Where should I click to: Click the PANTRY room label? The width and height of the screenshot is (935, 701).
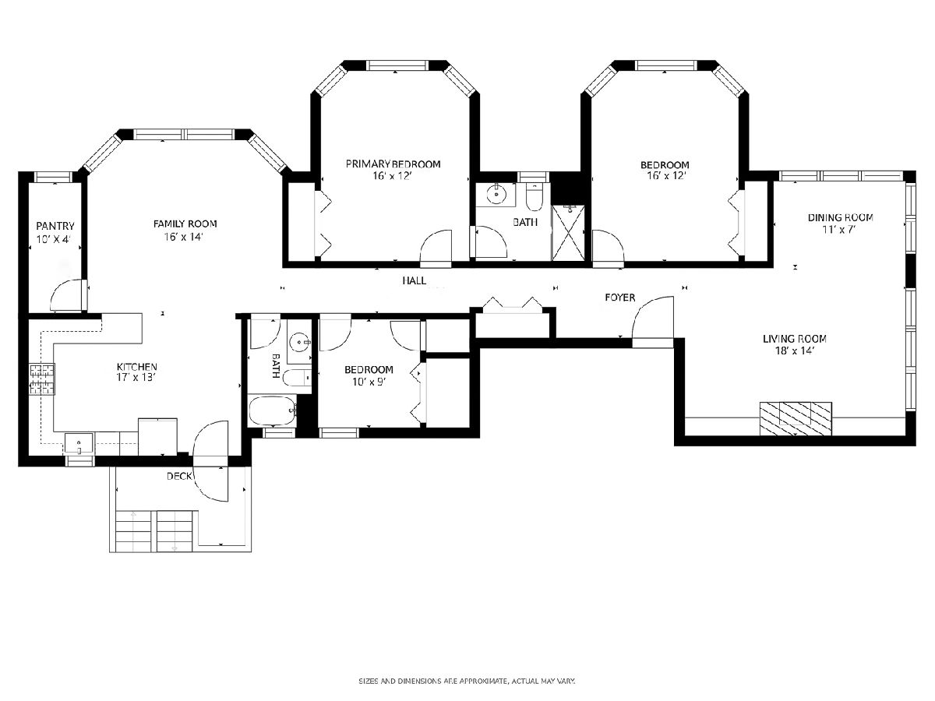pos(55,226)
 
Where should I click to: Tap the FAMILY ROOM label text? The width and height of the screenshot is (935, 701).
pos(185,224)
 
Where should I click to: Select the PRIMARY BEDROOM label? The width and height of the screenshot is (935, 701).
pos(393,164)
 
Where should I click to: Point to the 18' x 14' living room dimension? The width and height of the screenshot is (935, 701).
pos(795,350)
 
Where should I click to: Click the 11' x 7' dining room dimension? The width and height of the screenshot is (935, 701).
pos(839,230)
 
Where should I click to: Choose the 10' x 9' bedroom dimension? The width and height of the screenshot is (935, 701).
pos(369,382)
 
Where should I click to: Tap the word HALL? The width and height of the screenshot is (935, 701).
pos(414,280)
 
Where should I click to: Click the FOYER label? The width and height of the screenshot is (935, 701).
pos(619,298)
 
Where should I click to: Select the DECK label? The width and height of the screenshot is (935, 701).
pos(179,476)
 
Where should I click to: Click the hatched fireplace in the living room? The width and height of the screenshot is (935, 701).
pos(796,418)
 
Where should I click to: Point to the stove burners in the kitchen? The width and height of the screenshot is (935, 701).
pos(42,379)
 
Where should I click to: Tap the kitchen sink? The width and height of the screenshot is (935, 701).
pos(79,444)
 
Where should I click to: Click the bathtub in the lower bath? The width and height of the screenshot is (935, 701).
pos(272,410)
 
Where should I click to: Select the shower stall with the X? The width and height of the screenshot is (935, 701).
pos(568,232)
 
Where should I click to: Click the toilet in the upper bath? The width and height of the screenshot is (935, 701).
pos(534,197)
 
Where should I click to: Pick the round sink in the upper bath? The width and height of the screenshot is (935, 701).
pos(496,195)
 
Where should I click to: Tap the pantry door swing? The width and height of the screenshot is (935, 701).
pos(67,295)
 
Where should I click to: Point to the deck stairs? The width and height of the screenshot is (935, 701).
pos(154,531)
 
